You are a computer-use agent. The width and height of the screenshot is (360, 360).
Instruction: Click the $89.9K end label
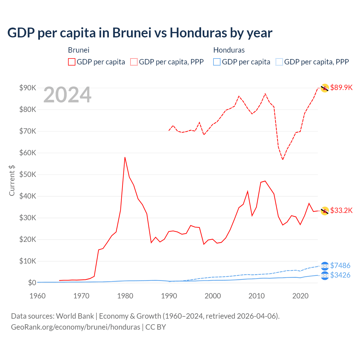pos(341,87)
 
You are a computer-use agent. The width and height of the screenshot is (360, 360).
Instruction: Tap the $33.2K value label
pos(341,210)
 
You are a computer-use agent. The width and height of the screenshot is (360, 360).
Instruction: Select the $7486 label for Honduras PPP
pos(340,265)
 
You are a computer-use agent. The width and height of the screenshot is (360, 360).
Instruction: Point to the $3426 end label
pos(340,275)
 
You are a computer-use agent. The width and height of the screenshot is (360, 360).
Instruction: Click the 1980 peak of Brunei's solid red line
pos(125,157)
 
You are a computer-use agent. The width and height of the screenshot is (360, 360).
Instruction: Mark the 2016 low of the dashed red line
pos(283,160)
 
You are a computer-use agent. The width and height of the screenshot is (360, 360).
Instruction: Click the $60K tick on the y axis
pos(28,153)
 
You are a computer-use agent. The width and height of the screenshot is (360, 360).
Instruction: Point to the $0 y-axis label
pos(32,283)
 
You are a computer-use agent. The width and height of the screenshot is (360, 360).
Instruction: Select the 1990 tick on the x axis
pos(169,296)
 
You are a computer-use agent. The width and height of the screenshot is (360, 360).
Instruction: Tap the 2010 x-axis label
pos(256,296)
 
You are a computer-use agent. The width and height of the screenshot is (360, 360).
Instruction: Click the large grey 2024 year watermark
pos(67,95)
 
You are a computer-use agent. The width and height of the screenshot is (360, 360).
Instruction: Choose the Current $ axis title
pos(12,181)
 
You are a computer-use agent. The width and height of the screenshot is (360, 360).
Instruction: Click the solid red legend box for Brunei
pos(72,62)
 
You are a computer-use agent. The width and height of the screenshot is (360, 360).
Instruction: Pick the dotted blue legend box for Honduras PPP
pos(279,62)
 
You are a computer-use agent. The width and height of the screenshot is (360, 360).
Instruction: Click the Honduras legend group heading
pos(229,50)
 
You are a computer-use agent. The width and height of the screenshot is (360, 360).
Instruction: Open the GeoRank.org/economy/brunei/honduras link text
pos(75,327)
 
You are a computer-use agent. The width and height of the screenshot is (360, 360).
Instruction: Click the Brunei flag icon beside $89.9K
pos(325,88)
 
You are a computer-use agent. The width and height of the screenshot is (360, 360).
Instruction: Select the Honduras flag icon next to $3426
pos(325,276)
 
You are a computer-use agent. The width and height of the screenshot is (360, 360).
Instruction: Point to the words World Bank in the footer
pos(75,316)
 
